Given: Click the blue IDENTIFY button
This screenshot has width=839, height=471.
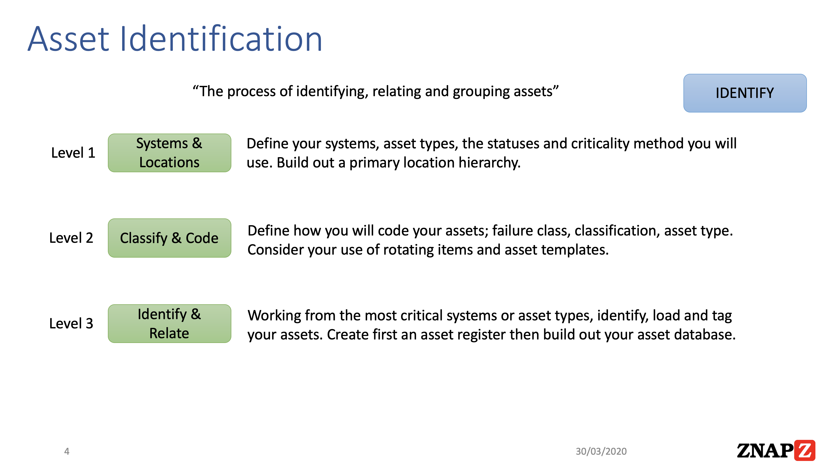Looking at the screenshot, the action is [x=745, y=93].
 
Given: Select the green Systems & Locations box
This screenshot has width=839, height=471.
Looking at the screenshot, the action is [x=169, y=153].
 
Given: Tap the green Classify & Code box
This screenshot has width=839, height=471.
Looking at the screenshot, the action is [x=169, y=238].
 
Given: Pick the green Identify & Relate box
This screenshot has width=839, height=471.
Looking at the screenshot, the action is [x=169, y=323].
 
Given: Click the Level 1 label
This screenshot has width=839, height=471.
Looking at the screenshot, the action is [x=73, y=153].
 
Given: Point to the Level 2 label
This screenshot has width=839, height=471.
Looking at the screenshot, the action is [x=71, y=238].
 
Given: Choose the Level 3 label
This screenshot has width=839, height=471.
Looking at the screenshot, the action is [x=71, y=323].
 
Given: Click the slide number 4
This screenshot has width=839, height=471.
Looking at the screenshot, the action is [x=67, y=451].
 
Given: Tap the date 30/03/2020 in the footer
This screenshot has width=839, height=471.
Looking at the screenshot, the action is [x=601, y=451].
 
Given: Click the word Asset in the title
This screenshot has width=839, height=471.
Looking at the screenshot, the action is [x=68, y=39].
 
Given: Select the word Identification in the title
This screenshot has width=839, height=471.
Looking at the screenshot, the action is [x=222, y=38].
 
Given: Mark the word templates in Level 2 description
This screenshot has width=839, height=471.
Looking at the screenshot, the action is [x=575, y=250].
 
